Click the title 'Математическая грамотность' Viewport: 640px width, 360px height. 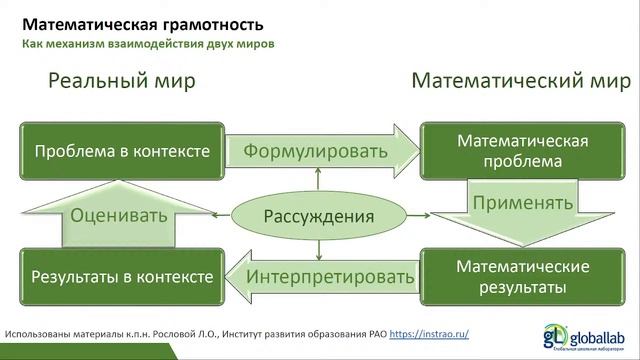144,23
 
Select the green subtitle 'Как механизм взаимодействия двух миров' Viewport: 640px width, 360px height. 148,44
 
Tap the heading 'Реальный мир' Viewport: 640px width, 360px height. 121,82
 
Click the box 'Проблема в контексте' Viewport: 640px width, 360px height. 122,152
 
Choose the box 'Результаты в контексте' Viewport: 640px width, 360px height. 122,276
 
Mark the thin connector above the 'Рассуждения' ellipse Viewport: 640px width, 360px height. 319,181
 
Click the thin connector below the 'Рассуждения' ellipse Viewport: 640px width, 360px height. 319,249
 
